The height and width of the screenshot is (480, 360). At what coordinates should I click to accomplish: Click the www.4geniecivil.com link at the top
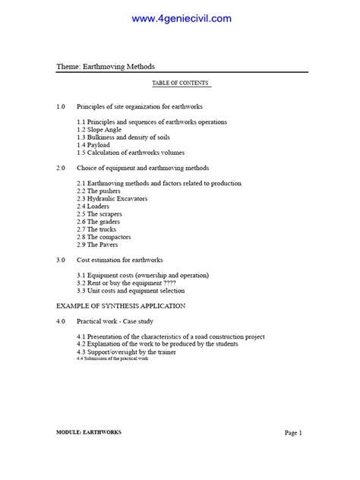182,18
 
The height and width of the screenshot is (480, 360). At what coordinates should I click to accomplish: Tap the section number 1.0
62,107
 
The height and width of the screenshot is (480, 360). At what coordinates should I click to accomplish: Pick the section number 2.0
62,168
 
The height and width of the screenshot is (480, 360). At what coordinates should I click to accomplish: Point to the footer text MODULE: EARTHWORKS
89,432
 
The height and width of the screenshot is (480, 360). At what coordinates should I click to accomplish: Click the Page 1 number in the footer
294,433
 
